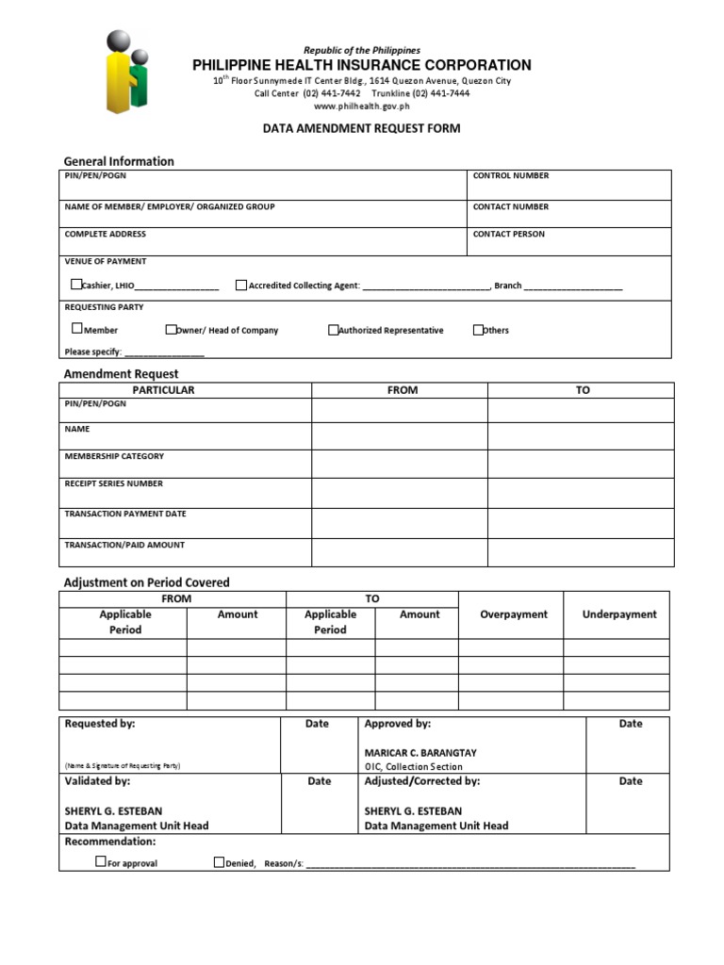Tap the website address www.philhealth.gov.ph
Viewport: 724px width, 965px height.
pyautogui.click(x=361, y=106)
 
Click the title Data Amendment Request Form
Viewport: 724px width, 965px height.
pyautogui.click(x=361, y=128)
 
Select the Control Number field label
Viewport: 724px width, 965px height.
pyautogui.click(x=511, y=176)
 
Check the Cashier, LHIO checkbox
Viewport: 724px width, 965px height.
pyautogui.click(x=76, y=285)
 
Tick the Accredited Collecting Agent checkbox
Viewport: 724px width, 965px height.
pyautogui.click(x=241, y=285)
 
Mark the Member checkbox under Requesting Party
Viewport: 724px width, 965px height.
pyautogui.click(x=77, y=329)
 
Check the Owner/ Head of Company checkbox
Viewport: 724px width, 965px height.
pyautogui.click(x=171, y=330)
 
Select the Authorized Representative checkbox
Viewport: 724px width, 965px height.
pyautogui.click(x=334, y=330)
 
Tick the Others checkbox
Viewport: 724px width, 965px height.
pyautogui.click(x=479, y=330)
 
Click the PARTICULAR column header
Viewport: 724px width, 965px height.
pyautogui.click(x=163, y=390)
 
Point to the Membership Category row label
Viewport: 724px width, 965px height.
pyautogui.click(x=114, y=456)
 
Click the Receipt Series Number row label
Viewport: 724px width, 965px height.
pyautogui.click(x=113, y=483)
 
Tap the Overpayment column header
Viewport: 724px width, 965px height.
pyautogui.click(x=513, y=614)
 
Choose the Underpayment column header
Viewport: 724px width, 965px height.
pyautogui.click(x=619, y=614)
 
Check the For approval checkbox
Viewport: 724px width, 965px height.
pyautogui.click(x=101, y=861)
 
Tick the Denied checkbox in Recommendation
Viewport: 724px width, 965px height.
pyautogui.click(x=219, y=861)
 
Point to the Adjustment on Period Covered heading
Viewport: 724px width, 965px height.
pyautogui.click(x=146, y=582)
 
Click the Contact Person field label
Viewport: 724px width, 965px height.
pyautogui.click(x=509, y=235)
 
